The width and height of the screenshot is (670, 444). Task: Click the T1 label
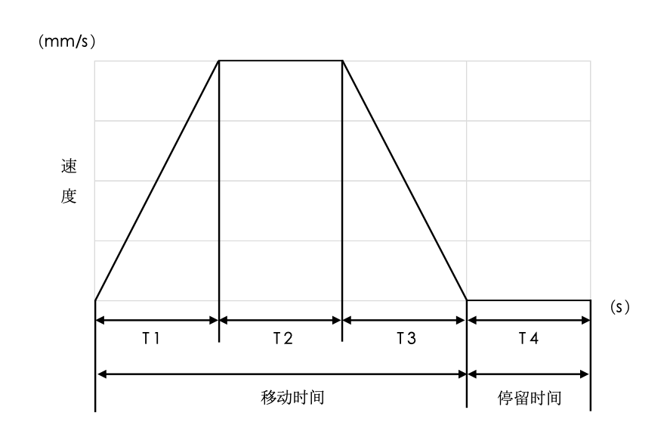tap(151, 338)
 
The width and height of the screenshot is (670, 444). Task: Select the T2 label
tap(283, 338)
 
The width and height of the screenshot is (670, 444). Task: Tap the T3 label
tap(406, 338)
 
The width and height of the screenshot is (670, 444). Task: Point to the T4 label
tap(529, 338)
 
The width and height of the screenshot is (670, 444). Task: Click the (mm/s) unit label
tap(66, 42)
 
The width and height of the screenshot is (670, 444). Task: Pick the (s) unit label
tap(620, 306)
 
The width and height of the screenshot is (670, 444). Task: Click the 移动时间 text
tap(292, 397)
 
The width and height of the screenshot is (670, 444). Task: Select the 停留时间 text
tap(530, 398)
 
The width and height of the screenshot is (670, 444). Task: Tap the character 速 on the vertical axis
tap(69, 166)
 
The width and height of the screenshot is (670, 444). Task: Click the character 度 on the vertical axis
tap(69, 197)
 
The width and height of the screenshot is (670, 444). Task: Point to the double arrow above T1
tap(157, 320)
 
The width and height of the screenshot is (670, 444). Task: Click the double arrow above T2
tap(280, 320)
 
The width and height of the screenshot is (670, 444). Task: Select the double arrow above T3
tap(404, 320)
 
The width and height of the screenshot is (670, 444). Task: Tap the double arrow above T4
tap(529, 320)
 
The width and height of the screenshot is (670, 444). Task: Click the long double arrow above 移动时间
tap(282, 374)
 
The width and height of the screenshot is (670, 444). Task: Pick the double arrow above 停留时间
tap(529, 374)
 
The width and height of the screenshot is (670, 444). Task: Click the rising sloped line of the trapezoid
tap(157, 181)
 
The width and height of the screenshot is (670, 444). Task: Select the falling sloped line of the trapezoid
tap(404, 181)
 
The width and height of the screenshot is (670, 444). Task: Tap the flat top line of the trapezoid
tap(281, 61)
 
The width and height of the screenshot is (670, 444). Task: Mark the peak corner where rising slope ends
tap(219, 61)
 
